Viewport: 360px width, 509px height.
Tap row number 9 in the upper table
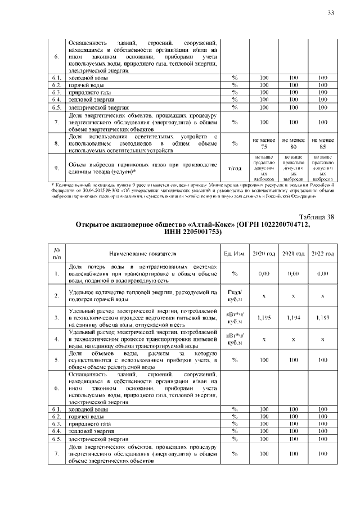tap(57, 168)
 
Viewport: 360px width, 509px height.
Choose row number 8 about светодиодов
tap(57, 143)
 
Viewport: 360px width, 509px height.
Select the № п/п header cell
tap(57, 253)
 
